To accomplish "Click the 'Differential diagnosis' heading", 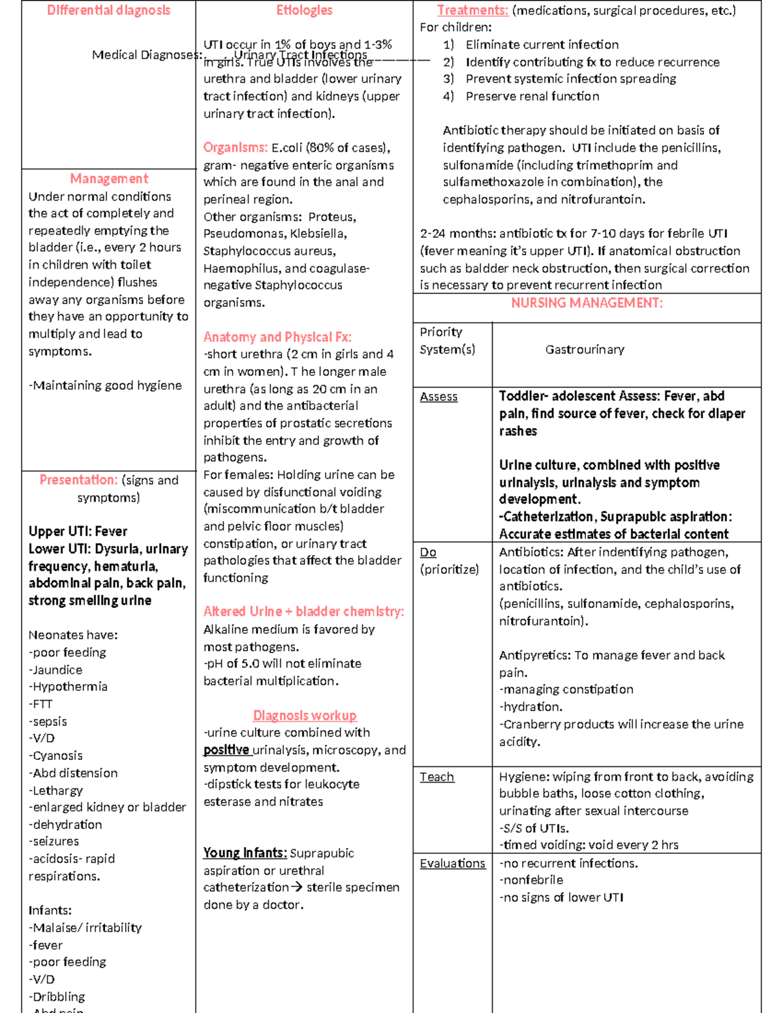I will (x=108, y=10).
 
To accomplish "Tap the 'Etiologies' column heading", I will (x=304, y=10).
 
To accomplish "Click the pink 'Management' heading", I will (x=109, y=179).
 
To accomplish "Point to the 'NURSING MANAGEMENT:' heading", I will (x=587, y=303).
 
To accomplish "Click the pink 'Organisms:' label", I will (x=235, y=147).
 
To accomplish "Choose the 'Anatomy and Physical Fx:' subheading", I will (x=277, y=337).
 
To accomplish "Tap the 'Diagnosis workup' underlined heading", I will (x=305, y=716).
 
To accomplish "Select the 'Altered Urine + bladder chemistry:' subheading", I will (x=303, y=612).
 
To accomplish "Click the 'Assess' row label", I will (x=438, y=397).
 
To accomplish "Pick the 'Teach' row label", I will (x=437, y=777).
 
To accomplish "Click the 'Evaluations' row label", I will (x=452, y=864).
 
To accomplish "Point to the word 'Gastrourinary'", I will (x=585, y=350).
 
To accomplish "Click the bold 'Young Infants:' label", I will (x=245, y=853).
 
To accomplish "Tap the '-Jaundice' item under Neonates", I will (x=55, y=670).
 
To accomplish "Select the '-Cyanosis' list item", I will (x=55, y=756).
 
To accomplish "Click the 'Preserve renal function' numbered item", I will (x=532, y=97).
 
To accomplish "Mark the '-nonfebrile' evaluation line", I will (x=531, y=880).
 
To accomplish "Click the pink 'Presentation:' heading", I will (x=78, y=480).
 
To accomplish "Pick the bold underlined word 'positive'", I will (x=226, y=750).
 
